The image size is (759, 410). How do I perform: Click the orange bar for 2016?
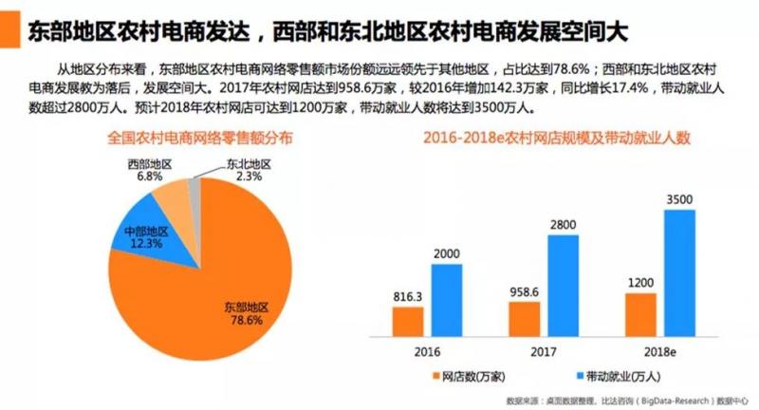point(409,322)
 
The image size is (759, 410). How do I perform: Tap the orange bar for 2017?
point(525,319)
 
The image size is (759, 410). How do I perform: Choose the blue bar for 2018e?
point(679,271)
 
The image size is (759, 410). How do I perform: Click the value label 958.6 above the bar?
point(525,291)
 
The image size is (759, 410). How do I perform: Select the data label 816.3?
point(409,297)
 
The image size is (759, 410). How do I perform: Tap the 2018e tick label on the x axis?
point(660,352)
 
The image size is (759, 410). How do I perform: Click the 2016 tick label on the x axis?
point(428,352)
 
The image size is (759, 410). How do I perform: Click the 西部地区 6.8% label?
point(150,170)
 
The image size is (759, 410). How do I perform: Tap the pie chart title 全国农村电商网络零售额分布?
point(199,138)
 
